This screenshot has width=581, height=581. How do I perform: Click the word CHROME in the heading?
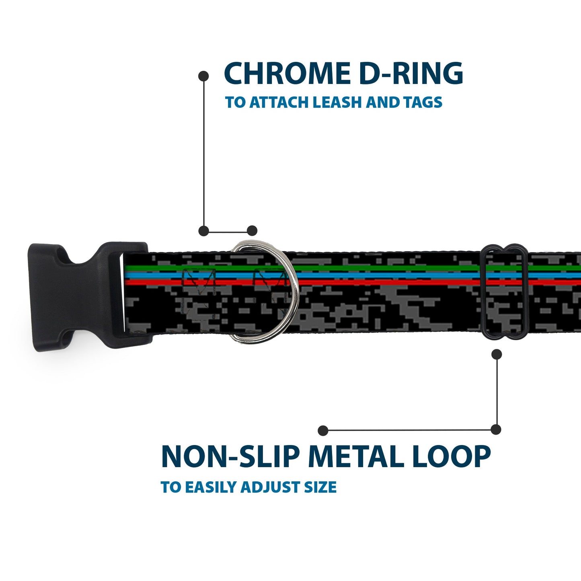pos(287,74)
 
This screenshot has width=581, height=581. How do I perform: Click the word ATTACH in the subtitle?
pos(279,103)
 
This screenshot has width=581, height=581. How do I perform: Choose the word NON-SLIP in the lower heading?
pos(230,457)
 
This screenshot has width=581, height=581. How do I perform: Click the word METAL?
pos(357,457)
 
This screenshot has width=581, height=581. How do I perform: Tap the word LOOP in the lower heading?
pos(451,457)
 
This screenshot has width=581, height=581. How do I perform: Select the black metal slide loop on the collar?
pos(504,292)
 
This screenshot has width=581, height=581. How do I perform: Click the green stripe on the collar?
pos(382,268)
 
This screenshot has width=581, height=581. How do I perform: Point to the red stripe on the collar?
pos(382,282)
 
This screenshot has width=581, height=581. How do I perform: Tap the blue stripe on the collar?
pos(382,275)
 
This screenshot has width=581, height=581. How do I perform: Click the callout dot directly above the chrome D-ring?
pos(252,231)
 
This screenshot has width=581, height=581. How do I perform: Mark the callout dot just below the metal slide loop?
pos(497,354)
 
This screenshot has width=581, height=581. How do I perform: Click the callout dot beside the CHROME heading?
pos(204,76)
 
